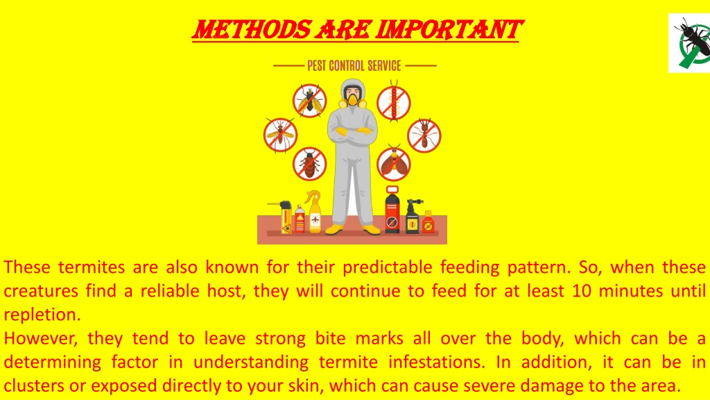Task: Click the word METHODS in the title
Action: click(252, 30)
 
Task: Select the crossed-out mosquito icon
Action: click(280, 135)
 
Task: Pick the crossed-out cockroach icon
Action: click(310, 164)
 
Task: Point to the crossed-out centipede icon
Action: click(394, 103)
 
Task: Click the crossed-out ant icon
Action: click(424, 135)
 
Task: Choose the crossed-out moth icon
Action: click(394, 164)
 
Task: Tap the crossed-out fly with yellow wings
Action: click(310, 101)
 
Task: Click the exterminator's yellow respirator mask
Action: click(352, 99)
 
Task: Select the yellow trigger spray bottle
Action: click(314, 212)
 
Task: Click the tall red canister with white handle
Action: click(392, 210)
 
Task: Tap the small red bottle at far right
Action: click(428, 222)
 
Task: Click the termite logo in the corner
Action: click(689, 43)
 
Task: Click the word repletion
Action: click(42, 315)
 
